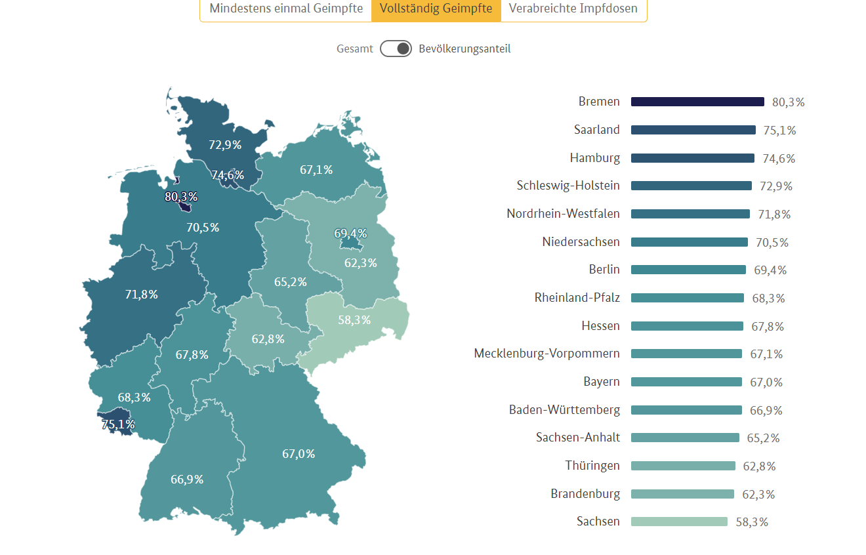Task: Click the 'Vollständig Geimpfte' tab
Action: [436, 9]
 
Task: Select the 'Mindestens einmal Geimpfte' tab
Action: [286, 9]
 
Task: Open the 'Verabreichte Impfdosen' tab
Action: [573, 9]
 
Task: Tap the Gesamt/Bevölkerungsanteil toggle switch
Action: [396, 49]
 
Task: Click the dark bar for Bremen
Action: [697, 102]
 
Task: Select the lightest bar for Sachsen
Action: [679, 522]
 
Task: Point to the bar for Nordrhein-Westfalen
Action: [690, 214]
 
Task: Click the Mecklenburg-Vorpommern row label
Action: [546, 354]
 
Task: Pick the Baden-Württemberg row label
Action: [564, 410]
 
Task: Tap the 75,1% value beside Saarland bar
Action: [779, 131]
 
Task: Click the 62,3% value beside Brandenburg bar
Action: [758, 495]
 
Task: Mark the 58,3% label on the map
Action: [354, 320]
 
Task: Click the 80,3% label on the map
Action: [181, 197]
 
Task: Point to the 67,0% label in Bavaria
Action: [299, 454]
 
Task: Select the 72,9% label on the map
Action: [225, 145]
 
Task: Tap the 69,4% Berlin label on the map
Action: [350, 234]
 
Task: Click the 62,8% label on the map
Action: [268, 339]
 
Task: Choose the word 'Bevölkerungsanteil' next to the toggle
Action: [464, 49]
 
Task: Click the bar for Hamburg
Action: [692, 158]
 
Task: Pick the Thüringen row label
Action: [592, 466]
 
